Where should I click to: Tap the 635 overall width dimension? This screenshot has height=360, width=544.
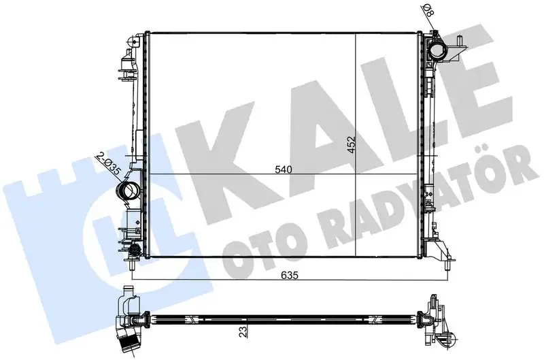pyautogui.click(x=290, y=276)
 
